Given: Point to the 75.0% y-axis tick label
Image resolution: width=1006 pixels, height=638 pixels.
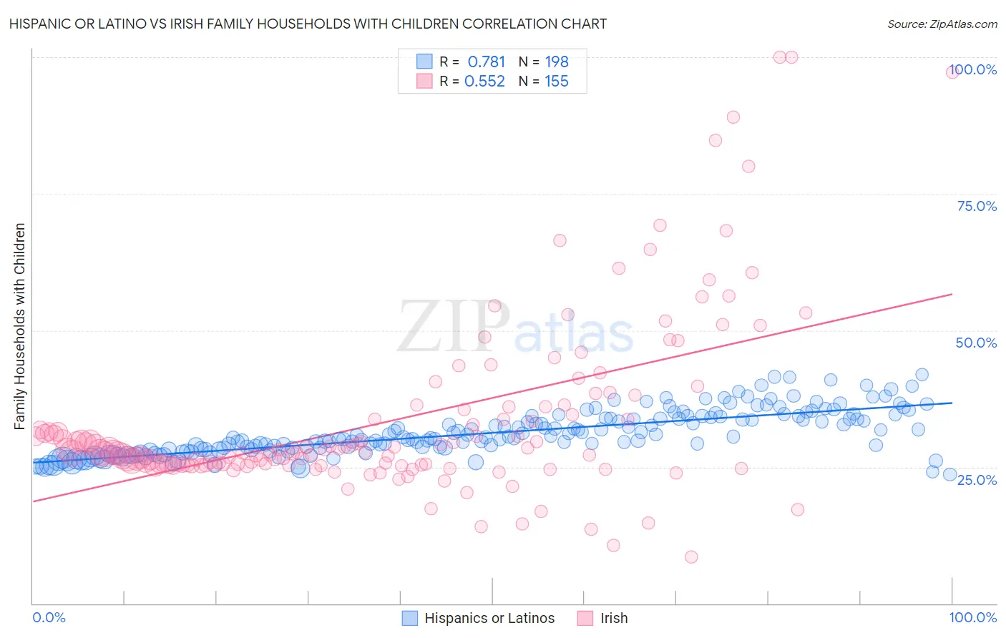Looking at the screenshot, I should pos(977,206).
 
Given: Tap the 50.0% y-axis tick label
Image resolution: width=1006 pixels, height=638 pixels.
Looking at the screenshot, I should pos(976,343).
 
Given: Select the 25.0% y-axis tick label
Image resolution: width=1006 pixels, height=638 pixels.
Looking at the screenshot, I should pos(977,479).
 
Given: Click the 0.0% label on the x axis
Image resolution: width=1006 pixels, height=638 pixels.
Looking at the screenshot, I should pos(49,617).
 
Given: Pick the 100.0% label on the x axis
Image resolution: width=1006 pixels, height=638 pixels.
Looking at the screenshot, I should pos(972,617).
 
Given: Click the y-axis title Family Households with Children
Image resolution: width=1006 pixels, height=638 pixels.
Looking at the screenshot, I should pos(19,326).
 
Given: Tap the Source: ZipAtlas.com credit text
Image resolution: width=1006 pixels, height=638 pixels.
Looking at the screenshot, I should pos(942,24).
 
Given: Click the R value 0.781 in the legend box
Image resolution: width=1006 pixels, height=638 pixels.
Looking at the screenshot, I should pos(486,62).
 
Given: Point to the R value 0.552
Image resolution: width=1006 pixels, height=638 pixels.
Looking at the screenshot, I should pos(484,82).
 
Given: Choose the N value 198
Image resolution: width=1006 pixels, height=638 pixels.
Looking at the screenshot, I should pos(557,62).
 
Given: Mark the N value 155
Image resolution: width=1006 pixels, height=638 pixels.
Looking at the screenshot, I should pos(557,82).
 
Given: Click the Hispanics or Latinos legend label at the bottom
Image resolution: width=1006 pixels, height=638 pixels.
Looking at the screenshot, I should pos(489,618).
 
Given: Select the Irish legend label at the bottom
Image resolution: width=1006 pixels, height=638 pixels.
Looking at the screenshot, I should pos(614,618).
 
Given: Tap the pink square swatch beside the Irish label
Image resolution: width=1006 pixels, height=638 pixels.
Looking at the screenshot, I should pos(585,618).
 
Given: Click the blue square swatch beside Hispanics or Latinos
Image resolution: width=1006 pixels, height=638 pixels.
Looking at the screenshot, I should pos(409,618).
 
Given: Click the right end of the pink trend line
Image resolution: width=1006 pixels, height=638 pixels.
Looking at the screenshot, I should pos(952,294).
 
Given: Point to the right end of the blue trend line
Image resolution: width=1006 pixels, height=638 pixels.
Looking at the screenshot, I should pos(952,403).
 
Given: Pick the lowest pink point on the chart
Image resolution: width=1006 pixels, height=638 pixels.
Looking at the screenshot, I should pos(690,556).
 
